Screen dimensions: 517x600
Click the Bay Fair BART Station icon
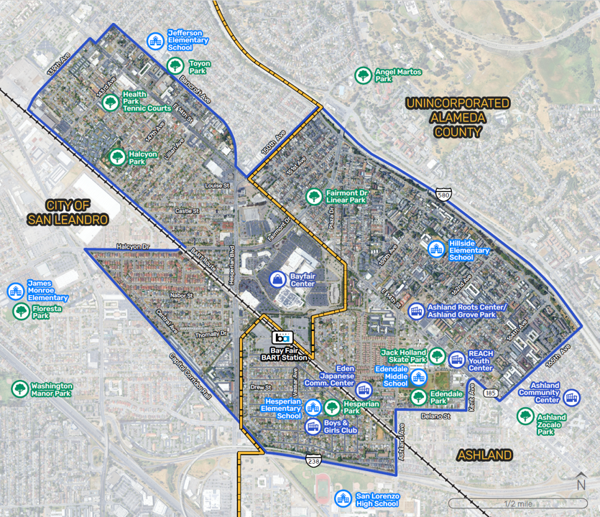pos(284,337)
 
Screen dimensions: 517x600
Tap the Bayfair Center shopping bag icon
pos(277,279)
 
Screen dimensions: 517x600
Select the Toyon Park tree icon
pos(175,66)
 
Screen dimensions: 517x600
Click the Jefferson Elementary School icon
pos(154,41)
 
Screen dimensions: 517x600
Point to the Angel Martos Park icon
pos(363,75)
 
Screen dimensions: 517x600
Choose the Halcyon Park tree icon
pos(116,157)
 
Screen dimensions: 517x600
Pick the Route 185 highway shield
pos(491,393)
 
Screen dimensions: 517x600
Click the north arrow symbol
pos(580,483)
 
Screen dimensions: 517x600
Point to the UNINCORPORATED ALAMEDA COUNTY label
pos(457,118)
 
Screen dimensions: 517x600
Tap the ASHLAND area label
pos(485,455)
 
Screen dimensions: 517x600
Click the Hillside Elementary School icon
pos(435,249)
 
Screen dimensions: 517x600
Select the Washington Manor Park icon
pos(19,389)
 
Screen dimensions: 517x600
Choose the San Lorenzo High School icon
pos(343,498)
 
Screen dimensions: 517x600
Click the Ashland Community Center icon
pos(571,396)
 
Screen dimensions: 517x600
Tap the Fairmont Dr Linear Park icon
pos(313,196)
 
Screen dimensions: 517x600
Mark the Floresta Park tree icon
pos(22,312)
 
